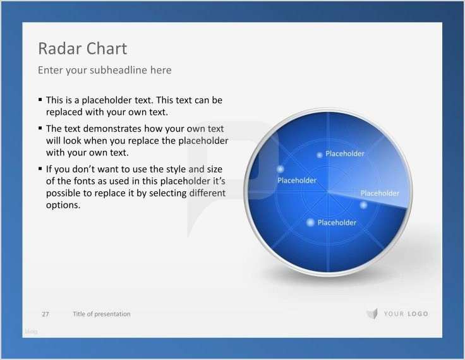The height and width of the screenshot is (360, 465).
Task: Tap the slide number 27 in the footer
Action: tap(45, 314)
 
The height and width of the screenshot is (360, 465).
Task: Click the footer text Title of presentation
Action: tap(102, 314)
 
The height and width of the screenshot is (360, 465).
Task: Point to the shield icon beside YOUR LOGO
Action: tap(371, 314)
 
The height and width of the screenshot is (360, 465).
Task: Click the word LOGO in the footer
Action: tap(418, 314)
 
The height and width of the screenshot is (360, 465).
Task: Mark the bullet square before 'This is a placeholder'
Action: tap(40, 100)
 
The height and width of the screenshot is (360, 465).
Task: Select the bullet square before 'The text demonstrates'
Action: tap(40, 128)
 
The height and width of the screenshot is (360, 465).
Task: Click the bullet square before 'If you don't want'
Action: tap(40, 169)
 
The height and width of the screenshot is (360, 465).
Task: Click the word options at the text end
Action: tap(63, 205)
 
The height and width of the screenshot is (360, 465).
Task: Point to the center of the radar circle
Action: tap(328, 192)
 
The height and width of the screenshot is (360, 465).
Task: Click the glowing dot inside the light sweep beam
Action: tap(363, 205)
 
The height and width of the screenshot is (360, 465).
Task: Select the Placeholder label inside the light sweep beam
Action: tap(380, 193)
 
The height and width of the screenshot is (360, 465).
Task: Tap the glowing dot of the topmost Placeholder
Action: tap(320, 155)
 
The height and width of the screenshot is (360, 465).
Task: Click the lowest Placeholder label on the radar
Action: tap(337, 222)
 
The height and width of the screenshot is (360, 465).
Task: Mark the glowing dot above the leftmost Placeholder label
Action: tap(281, 169)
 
